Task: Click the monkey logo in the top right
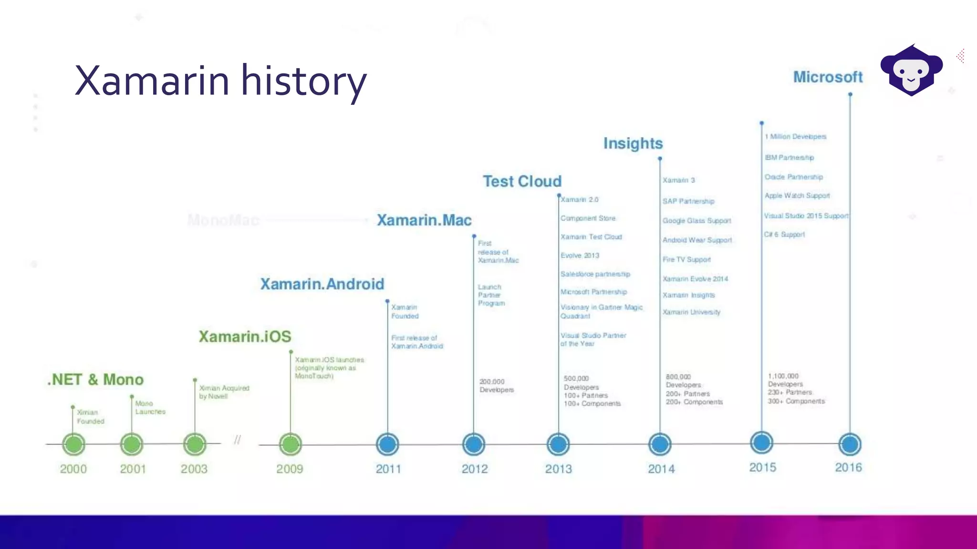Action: tap(911, 71)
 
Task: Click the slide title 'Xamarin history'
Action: tap(220, 81)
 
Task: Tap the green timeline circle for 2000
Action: tap(73, 444)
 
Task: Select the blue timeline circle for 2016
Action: tap(850, 444)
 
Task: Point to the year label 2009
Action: tap(290, 469)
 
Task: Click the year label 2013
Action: tap(558, 469)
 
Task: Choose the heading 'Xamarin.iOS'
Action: tap(245, 336)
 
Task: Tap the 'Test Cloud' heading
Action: tap(522, 182)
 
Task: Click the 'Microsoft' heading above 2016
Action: tap(828, 77)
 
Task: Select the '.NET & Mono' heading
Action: tap(95, 380)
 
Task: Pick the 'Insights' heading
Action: tap(633, 143)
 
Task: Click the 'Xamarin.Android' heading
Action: tap(322, 284)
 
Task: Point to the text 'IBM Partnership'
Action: tap(789, 158)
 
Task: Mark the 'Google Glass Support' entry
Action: tap(696, 221)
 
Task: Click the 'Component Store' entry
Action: tap(588, 218)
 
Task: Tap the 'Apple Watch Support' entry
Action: tap(797, 196)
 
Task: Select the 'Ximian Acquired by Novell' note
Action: tap(224, 392)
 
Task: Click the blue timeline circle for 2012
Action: tap(474, 444)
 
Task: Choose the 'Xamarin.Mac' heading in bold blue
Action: tap(424, 220)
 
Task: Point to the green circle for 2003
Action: tap(195, 444)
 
